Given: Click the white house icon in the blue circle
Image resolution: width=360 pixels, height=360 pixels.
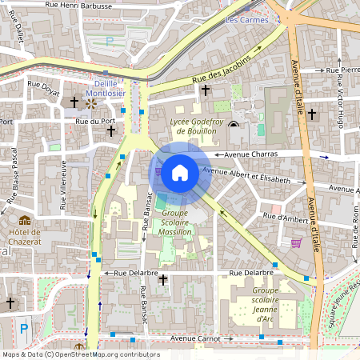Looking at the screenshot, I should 180,172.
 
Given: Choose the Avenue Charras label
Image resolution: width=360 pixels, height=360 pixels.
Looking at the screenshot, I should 250,154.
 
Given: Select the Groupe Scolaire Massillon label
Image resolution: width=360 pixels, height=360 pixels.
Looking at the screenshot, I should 174,222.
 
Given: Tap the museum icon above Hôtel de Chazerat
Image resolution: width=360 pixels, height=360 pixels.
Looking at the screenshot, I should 25,220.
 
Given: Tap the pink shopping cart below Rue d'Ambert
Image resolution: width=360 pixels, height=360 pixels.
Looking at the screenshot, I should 296,242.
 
